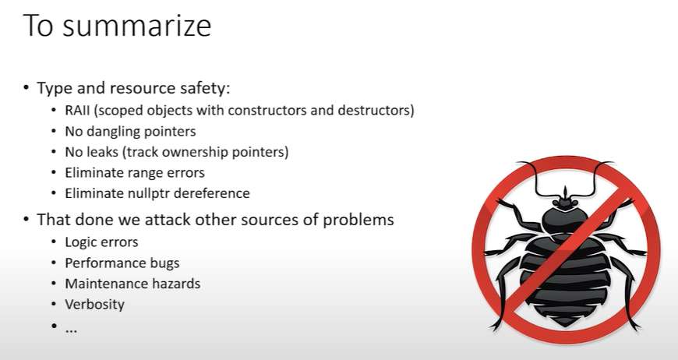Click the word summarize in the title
[136, 26]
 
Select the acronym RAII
[77, 110]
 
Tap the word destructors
[373, 110]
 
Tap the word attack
[168, 220]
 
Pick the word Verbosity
[95, 305]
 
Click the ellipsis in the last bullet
[71, 330]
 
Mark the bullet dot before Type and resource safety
[26, 88]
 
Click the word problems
[358, 221]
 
